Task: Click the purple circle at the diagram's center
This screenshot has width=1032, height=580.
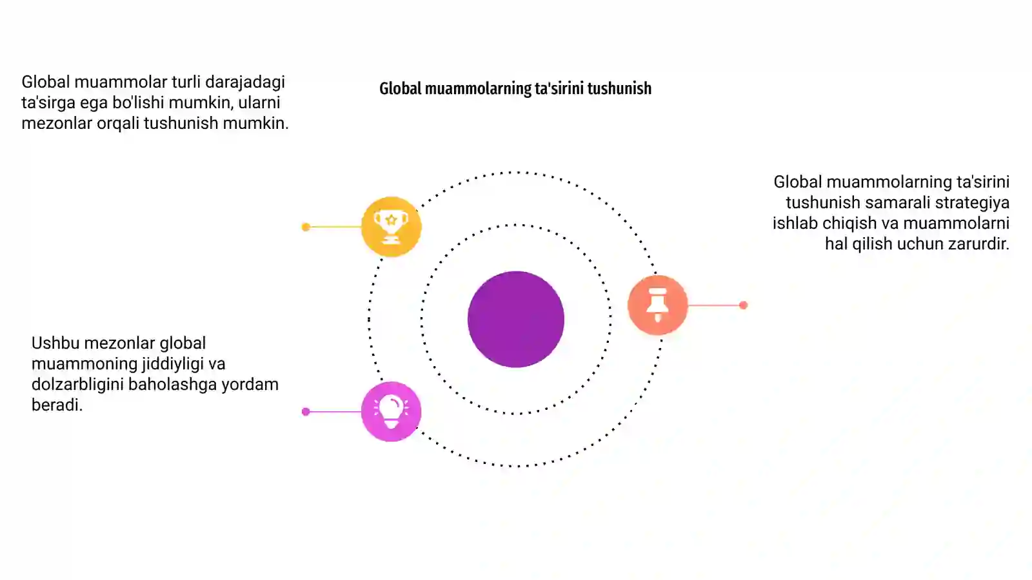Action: tap(515, 319)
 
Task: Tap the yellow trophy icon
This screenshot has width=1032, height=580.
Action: tap(391, 226)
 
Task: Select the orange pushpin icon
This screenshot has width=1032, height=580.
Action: tap(657, 305)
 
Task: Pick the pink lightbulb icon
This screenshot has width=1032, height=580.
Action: tap(391, 412)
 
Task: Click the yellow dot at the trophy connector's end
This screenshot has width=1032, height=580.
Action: tap(306, 227)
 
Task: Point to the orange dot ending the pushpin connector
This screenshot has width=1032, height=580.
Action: tap(743, 305)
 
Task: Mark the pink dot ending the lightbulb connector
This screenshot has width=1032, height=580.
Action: tap(306, 412)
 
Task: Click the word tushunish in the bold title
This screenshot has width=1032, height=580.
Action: tap(619, 88)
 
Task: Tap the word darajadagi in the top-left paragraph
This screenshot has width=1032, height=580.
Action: tap(245, 82)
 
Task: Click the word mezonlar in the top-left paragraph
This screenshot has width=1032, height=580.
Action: tap(57, 123)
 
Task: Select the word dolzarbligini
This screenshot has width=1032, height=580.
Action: tap(77, 385)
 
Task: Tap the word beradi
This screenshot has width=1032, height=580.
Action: tap(57, 405)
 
